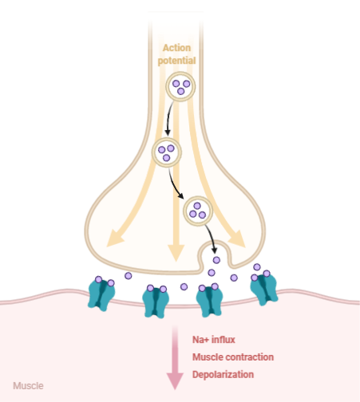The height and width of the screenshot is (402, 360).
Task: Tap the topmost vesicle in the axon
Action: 180,85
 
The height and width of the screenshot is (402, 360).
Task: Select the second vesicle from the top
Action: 168,152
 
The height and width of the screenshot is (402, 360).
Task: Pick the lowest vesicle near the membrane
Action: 197,211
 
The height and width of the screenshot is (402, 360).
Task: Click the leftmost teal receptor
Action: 101,293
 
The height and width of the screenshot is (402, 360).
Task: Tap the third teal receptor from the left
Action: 209,299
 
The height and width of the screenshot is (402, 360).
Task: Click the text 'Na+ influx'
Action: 213,340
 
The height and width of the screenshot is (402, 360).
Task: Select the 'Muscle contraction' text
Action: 233,357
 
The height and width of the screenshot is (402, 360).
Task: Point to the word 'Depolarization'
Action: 223,373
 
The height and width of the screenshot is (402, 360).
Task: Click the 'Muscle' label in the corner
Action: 29,386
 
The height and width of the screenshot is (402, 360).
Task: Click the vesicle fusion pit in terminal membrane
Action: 213,257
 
